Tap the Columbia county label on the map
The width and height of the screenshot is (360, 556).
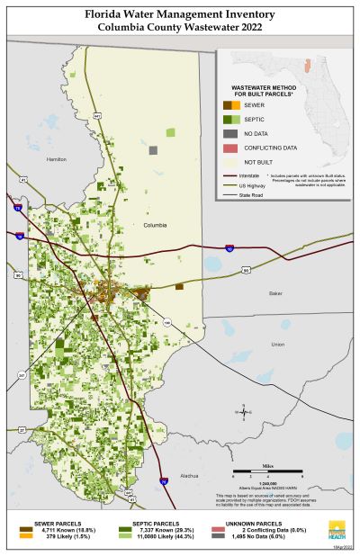pyautogui.click(x=155, y=226)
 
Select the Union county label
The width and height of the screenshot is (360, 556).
pyautogui.click(x=277, y=345)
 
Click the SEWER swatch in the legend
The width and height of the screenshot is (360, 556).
pyautogui.click(x=230, y=106)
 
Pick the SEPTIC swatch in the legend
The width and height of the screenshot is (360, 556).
pyautogui.click(x=230, y=120)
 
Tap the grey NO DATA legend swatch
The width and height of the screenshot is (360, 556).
pyautogui.click(x=230, y=133)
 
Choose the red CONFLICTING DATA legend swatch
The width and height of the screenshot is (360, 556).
pyautogui.click(x=230, y=147)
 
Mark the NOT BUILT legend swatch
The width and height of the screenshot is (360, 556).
pyautogui.click(x=230, y=160)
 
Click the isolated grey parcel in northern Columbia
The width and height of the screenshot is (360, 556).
pyautogui.click(x=154, y=149)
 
